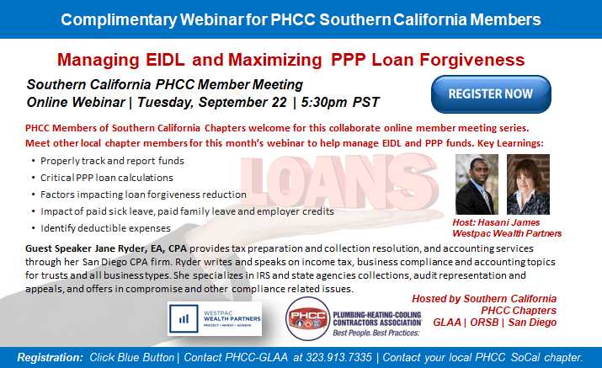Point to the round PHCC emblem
(x=309, y=321)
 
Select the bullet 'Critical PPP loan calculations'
(x=107, y=178)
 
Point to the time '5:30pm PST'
(x=337, y=102)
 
